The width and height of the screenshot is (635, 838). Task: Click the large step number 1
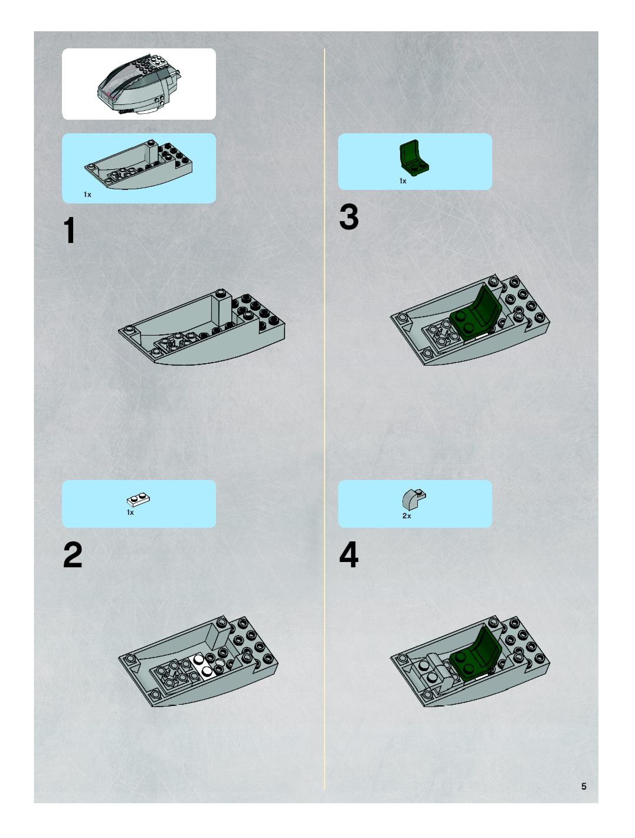[70, 230]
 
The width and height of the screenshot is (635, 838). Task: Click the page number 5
[584, 786]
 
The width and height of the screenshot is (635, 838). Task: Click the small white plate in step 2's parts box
[138, 499]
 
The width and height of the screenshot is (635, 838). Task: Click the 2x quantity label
[407, 516]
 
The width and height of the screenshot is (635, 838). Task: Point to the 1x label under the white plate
[130, 512]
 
